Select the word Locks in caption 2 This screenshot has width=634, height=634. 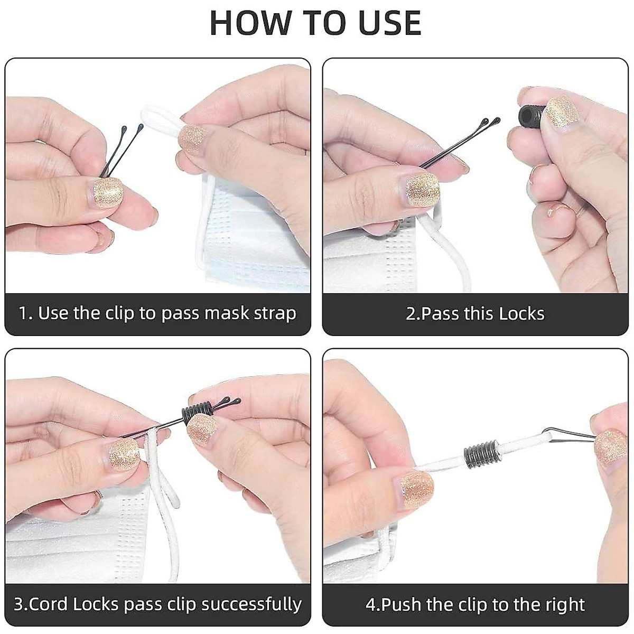click(x=523, y=314)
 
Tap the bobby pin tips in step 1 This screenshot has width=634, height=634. click(x=132, y=129)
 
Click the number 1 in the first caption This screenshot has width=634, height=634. click(x=23, y=314)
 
